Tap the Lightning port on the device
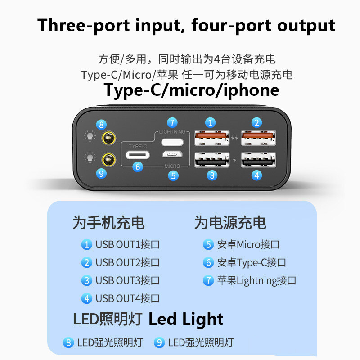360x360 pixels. [172, 143]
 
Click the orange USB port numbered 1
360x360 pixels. [211, 137]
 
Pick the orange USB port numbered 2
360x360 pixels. [258, 137]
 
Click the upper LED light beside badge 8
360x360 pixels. [108, 138]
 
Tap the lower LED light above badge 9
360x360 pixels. [108, 158]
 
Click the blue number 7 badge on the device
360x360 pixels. [172, 122]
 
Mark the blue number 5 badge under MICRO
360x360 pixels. [173, 175]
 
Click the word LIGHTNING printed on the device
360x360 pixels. [172, 132]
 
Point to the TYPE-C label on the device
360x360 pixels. [138, 147]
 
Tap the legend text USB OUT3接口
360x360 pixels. [128, 280]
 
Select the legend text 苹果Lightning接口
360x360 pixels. [256, 280]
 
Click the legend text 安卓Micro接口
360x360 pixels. [248, 245]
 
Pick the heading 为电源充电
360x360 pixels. [230, 223]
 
